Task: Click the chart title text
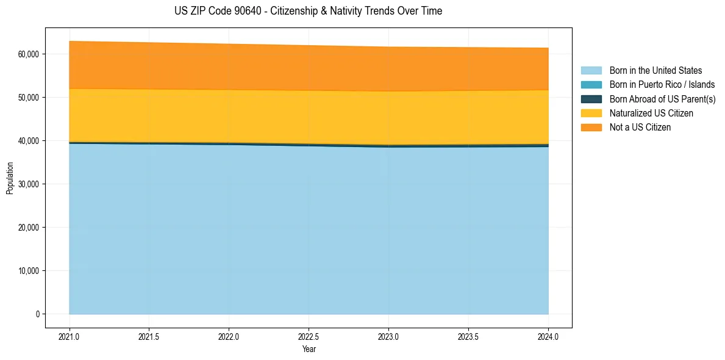tap(308, 11)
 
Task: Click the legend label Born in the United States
tap(655, 71)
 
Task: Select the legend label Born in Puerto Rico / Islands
tap(662, 85)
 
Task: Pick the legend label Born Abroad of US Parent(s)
tap(662, 99)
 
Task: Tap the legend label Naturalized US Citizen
tap(651, 113)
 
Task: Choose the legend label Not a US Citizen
tap(640, 128)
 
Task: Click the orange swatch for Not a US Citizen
tap(591, 128)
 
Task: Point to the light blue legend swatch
tap(591, 71)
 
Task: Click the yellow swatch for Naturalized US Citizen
tap(591, 113)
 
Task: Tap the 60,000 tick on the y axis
tap(28, 54)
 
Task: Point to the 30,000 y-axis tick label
tap(28, 184)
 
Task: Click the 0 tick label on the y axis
tap(37, 314)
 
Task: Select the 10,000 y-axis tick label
tap(28, 271)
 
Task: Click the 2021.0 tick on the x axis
tap(69, 336)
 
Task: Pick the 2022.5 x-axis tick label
tap(309, 336)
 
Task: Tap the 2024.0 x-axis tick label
tap(548, 336)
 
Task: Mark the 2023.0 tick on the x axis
tap(388, 336)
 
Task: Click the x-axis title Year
tap(309, 350)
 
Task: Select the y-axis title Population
tap(10, 178)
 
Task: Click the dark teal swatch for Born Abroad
tap(591, 99)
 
